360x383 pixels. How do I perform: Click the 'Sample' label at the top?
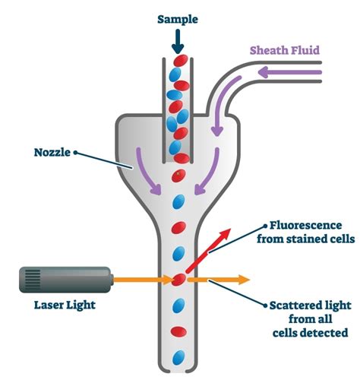coord(178,16)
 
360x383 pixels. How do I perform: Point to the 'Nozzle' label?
coord(52,152)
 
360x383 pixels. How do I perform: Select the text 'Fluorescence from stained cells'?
coord(311,233)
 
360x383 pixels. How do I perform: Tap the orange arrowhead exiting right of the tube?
coord(243,280)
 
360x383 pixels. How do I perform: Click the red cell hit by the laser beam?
coord(179,280)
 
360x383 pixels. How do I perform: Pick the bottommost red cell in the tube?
coord(179,332)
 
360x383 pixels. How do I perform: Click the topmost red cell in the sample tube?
coord(179,59)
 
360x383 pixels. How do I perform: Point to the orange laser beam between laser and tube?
coord(141,280)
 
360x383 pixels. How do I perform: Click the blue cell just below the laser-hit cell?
coord(179,305)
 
